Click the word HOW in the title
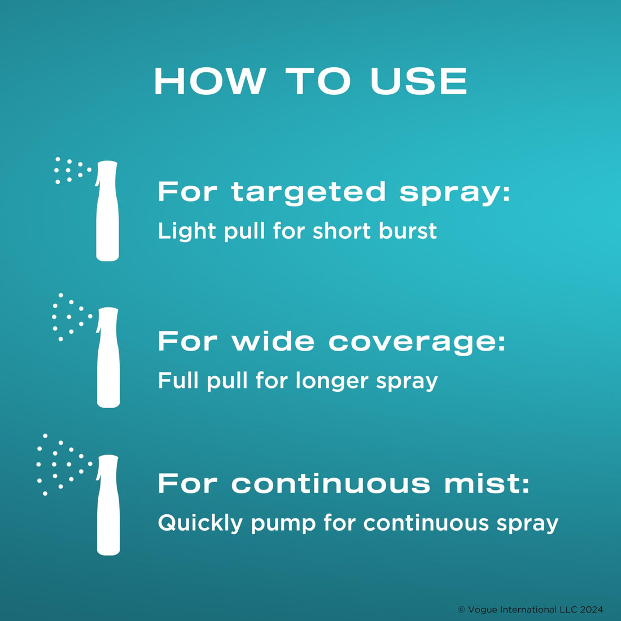tap(209, 81)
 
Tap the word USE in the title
tap(419, 81)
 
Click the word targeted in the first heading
tap(309, 193)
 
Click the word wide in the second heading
tap(273, 342)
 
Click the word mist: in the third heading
tap(487, 484)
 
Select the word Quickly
tap(200, 523)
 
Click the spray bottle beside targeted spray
tap(107, 211)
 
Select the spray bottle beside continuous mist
tap(108, 505)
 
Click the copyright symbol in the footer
tap(461, 610)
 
